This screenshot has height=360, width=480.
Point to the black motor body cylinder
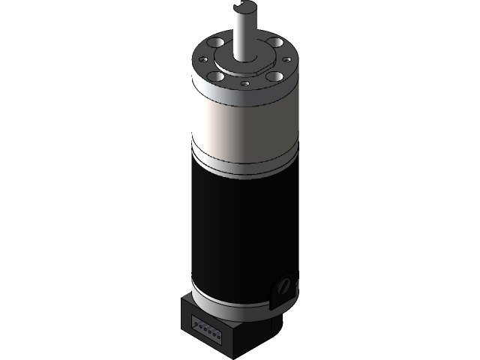[240, 225]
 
